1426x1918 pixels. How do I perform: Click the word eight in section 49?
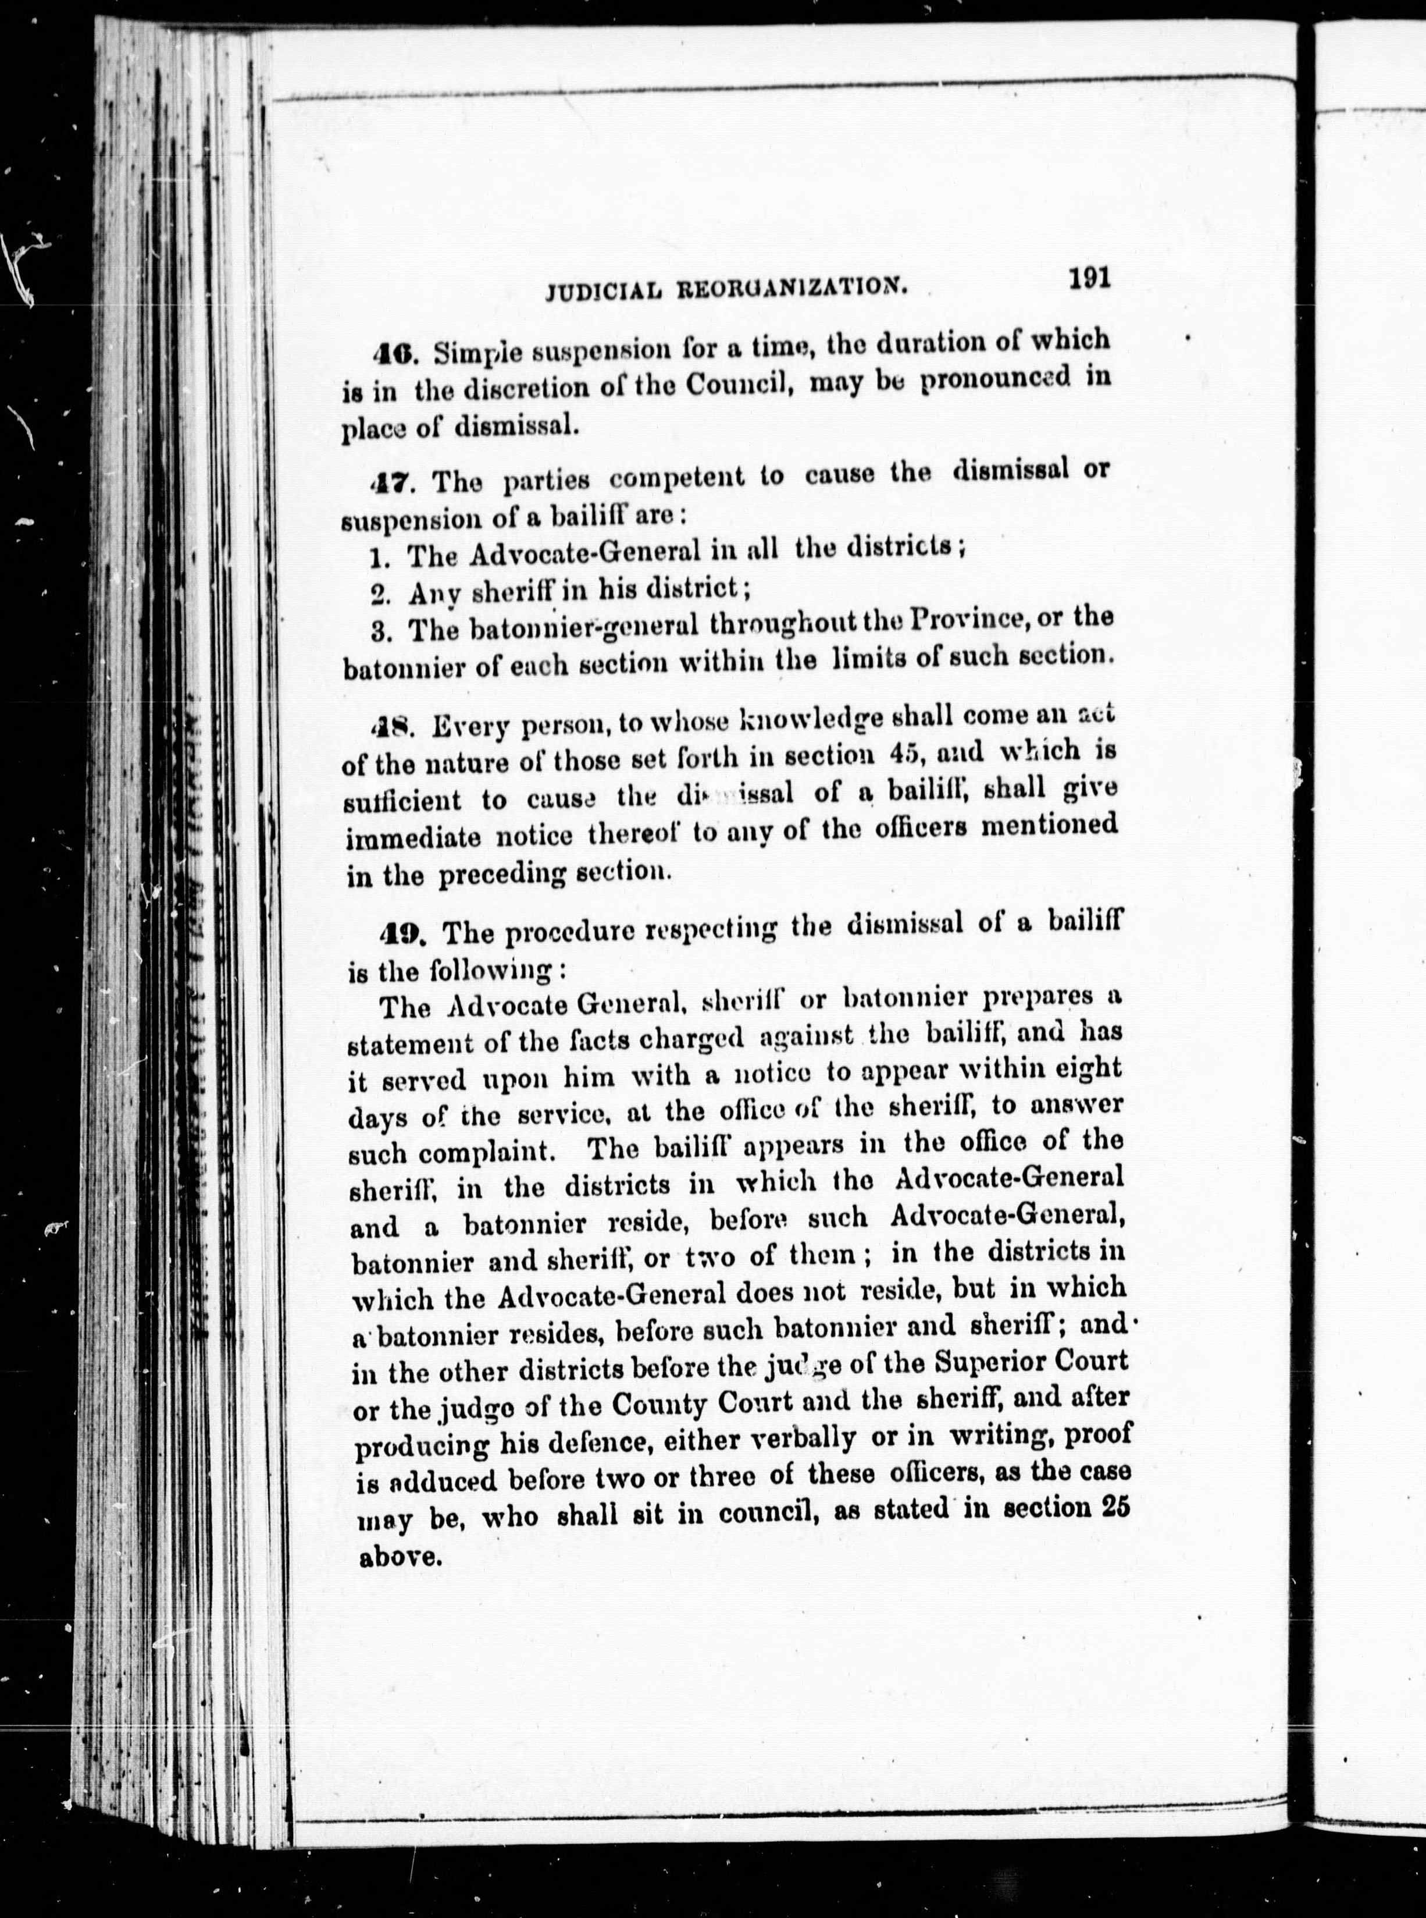(1089, 1069)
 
